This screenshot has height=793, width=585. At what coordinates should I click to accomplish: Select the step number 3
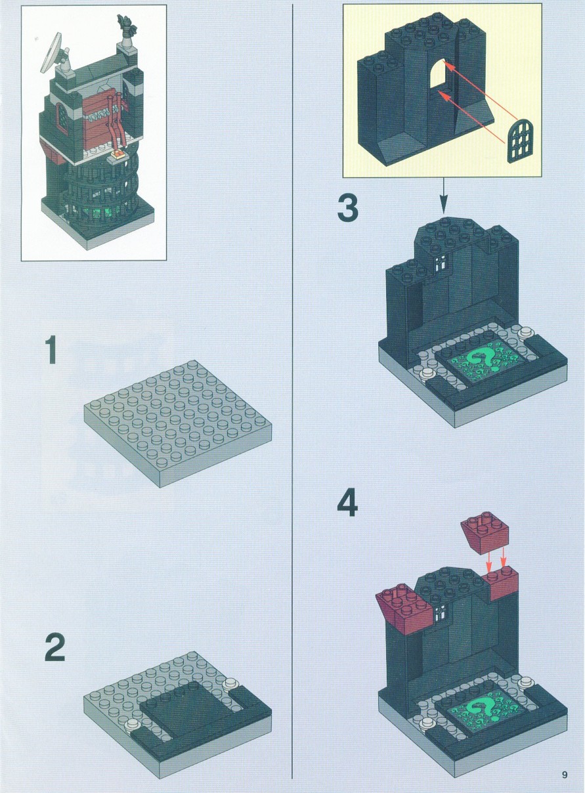tap(347, 208)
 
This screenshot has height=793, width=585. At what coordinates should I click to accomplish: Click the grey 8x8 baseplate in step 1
tap(178, 425)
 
